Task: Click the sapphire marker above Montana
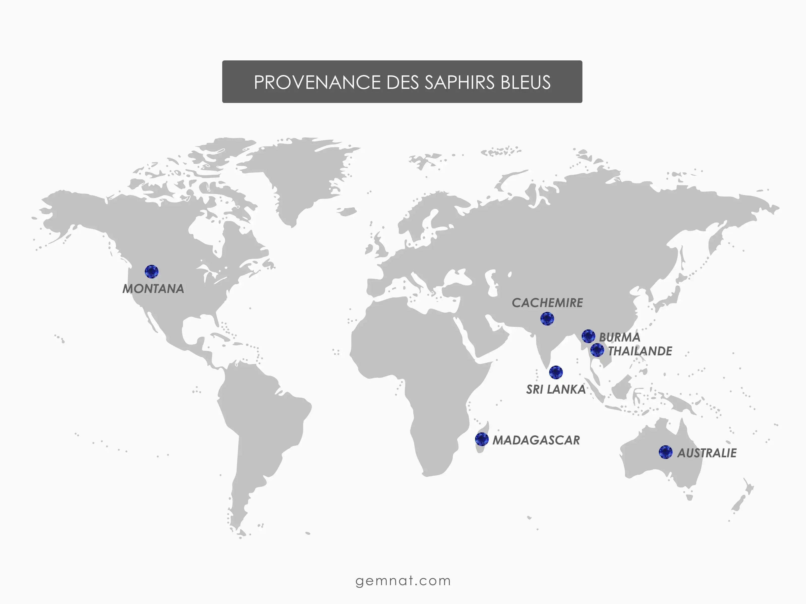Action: pyautogui.click(x=152, y=272)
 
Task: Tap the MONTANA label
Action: pyautogui.click(x=153, y=289)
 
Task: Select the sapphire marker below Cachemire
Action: pyautogui.click(x=547, y=319)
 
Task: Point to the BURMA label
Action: pyautogui.click(x=619, y=337)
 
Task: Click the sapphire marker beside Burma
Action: pyautogui.click(x=588, y=336)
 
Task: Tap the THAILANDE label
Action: pyautogui.click(x=640, y=351)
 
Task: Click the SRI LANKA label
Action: pyautogui.click(x=556, y=390)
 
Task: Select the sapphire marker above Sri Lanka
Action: pyautogui.click(x=556, y=372)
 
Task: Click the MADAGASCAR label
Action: pyautogui.click(x=536, y=440)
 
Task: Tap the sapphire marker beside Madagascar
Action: pyautogui.click(x=482, y=439)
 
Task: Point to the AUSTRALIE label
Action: pyautogui.click(x=707, y=453)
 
